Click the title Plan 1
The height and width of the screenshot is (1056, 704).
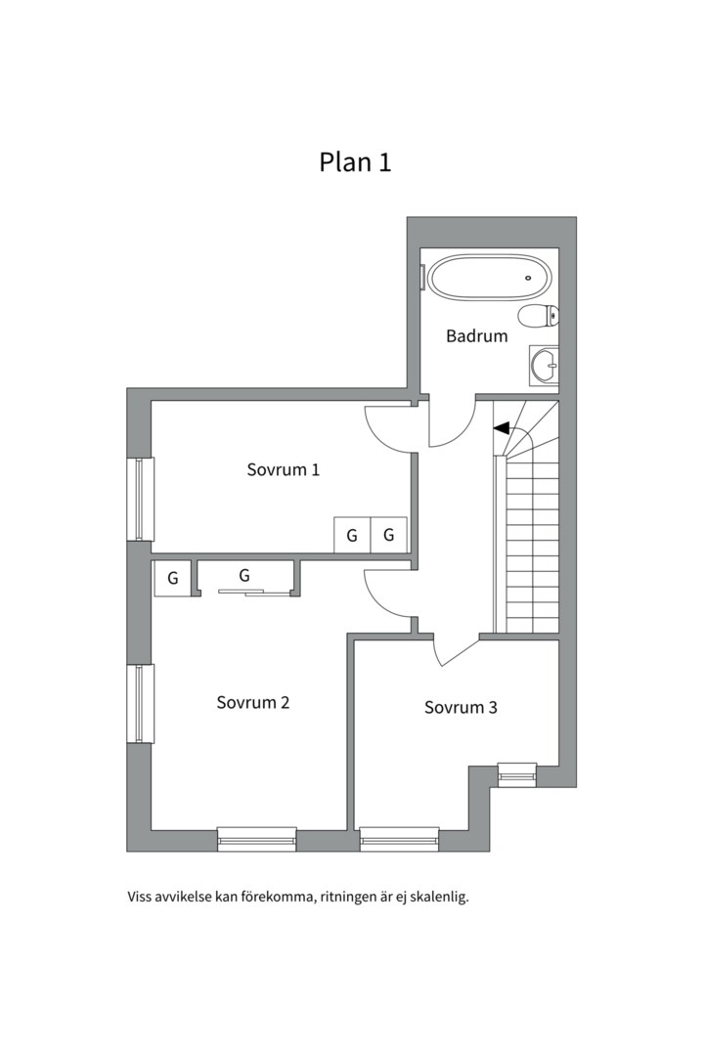coord(355,161)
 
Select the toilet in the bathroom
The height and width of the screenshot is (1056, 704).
coord(539,316)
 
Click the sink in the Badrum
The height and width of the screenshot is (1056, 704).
coord(543,366)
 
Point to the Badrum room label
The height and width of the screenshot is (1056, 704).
coord(477,336)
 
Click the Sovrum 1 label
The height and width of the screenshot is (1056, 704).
coord(284,469)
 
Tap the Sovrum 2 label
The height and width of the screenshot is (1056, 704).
coord(253,702)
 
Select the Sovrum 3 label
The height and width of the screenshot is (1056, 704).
coord(461,707)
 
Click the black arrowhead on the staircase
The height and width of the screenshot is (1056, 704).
coord(502,427)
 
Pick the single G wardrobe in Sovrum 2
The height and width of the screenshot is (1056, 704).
coord(172,578)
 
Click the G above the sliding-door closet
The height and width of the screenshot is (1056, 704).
coord(244,575)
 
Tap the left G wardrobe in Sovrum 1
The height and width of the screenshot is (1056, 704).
coord(352,535)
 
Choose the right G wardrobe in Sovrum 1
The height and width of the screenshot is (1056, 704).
coord(388,535)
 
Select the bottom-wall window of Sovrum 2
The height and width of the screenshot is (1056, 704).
coord(256,838)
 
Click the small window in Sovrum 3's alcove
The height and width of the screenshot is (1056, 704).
coord(517,773)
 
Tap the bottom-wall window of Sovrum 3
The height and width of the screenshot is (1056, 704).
coord(399,838)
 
